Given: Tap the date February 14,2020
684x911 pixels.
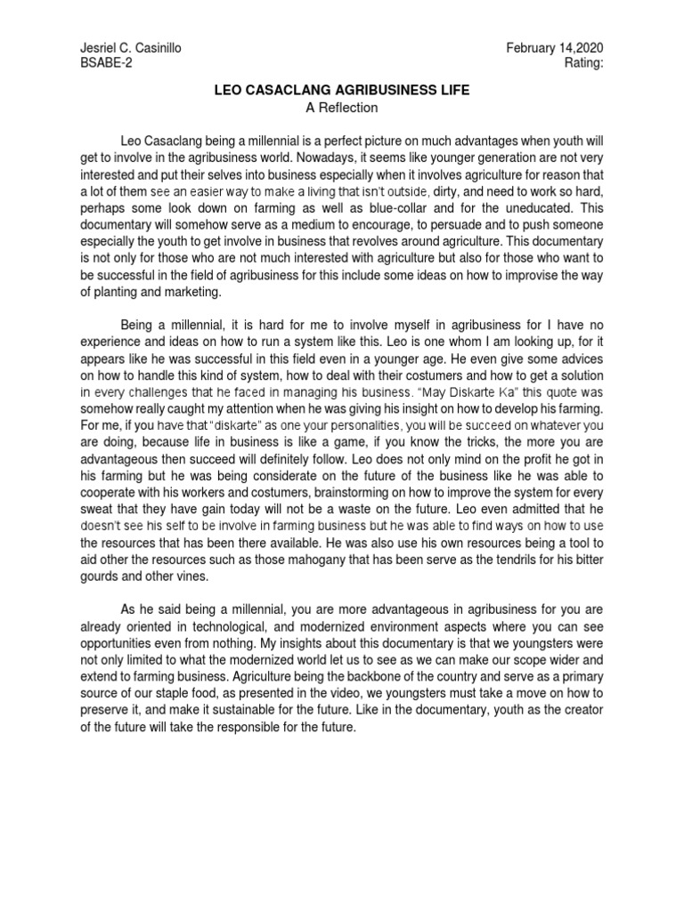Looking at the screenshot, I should tap(558, 47).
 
